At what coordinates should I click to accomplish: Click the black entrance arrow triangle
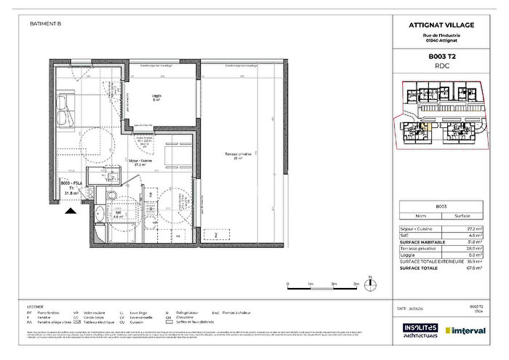[x=71, y=211]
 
